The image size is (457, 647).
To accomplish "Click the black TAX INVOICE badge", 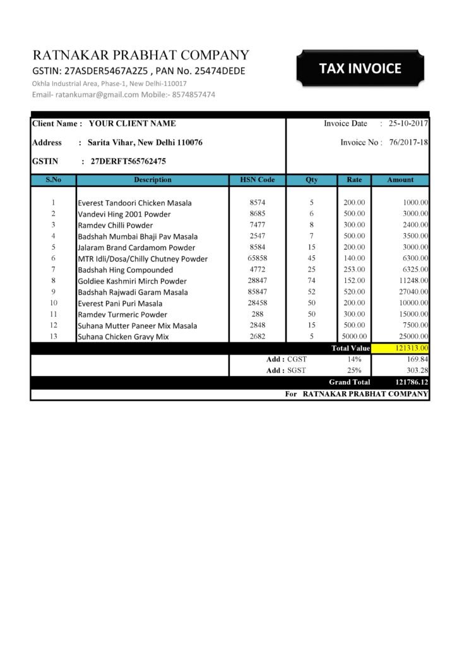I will [x=360, y=68].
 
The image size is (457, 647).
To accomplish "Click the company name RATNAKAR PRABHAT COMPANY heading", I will [x=141, y=55].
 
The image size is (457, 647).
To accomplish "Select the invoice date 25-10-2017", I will [x=408, y=123].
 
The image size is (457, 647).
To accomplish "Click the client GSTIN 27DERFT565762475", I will [x=128, y=161].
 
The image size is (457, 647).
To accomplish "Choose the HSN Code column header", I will [x=258, y=180].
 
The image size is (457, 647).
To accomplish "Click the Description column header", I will [x=152, y=180].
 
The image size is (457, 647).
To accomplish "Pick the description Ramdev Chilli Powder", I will [x=115, y=225].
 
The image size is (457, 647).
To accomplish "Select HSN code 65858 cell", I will [x=258, y=258].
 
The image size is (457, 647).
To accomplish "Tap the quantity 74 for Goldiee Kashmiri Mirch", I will [x=312, y=281].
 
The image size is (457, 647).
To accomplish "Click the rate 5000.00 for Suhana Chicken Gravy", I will [x=354, y=336].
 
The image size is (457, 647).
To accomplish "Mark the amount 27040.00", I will [x=412, y=292].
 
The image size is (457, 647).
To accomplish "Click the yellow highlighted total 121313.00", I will [x=401, y=348].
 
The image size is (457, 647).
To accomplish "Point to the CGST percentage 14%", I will [x=354, y=359].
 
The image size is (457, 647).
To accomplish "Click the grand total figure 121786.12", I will [x=412, y=382].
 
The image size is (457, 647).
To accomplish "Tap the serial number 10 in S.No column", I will [x=54, y=303].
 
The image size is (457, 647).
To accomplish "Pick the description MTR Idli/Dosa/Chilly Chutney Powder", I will [x=143, y=258].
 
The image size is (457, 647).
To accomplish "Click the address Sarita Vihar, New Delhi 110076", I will [x=145, y=143].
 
